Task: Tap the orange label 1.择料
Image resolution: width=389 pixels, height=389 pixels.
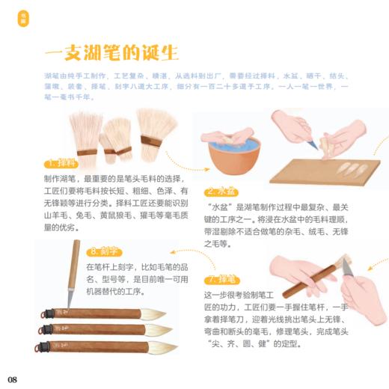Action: [x=63, y=163]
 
